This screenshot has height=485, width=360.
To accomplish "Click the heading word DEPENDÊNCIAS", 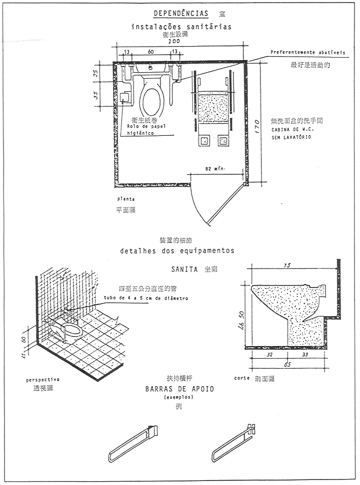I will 181,13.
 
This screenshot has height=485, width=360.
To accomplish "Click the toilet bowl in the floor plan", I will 152,95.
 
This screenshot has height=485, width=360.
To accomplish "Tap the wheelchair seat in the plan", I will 214,106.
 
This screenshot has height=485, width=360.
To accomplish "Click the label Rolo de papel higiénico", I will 146,129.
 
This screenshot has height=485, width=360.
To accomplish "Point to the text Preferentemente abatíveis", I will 307,52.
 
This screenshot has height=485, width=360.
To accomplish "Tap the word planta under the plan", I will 126,199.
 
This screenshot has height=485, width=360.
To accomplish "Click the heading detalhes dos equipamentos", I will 177,250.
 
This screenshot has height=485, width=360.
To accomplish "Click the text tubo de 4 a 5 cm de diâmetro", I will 146,298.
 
